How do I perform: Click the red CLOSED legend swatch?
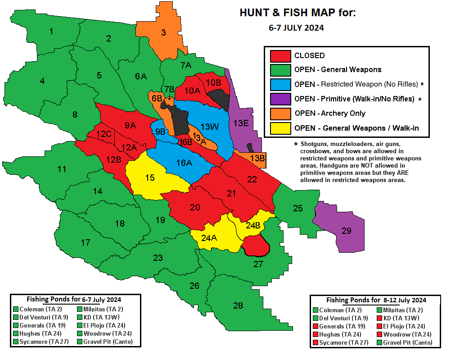click(x=280, y=56)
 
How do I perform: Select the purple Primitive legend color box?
click(x=280, y=99)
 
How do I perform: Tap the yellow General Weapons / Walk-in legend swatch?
click(x=280, y=128)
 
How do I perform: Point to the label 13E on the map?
click(x=241, y=123)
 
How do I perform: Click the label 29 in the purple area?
click(x=346, y=231)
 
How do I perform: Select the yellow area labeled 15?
click(x=150, y=178)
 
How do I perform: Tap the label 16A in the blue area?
click(x=184, y=163)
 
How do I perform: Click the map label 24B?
click(x=253, y=225)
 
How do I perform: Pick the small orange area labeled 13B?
click(x=257, y=158)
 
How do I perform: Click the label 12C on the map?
click(x=104, y=134)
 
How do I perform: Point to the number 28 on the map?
click(x=238, y=305)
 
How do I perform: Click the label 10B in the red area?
click(x=213, y=82)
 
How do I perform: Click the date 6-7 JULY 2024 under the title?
click(x=296, y=27)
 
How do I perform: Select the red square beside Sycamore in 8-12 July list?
click(x=315, y=343)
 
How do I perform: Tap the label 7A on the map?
click(x=186, y=65)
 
